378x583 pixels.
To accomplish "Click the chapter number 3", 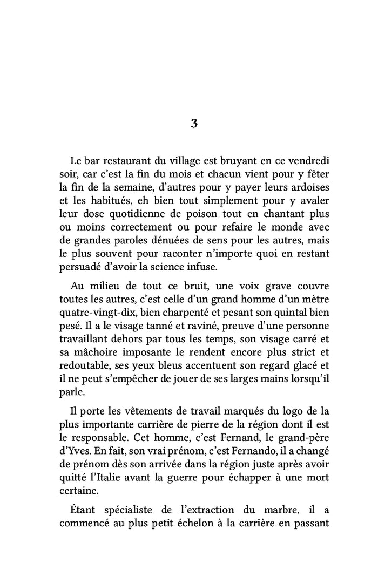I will point(194,123).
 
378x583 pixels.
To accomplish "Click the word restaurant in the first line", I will point(122,161).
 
